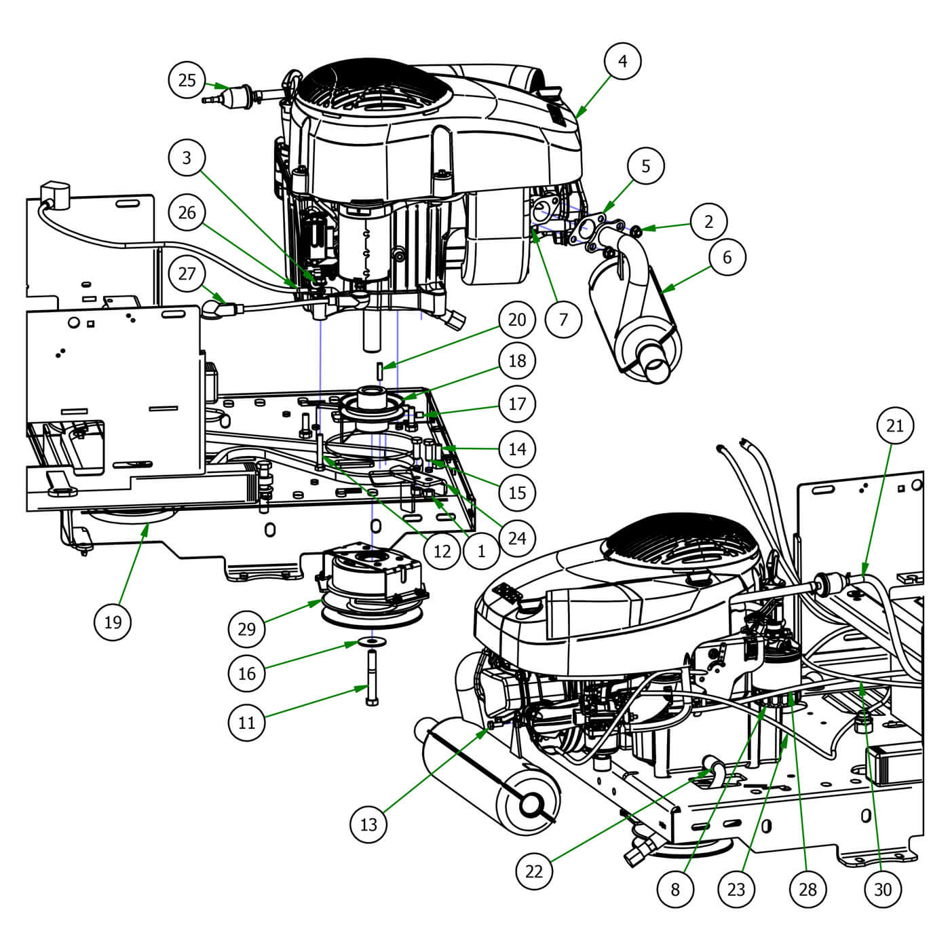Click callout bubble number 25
point(187,80)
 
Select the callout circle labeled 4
point(622,61)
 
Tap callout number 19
point(113,621)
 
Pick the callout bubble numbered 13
point(368,824)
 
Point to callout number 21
point(895,425)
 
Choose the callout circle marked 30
point(882,888)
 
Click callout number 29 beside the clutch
point(246,629)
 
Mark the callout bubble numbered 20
point(516,319)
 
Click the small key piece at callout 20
point(381,370)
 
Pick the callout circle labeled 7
point(563,318)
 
